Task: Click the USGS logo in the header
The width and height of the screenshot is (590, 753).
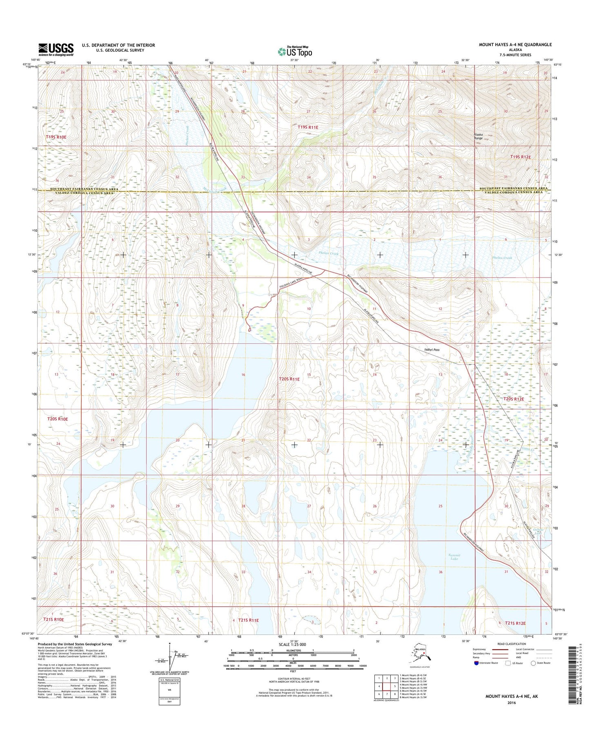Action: point(56,49)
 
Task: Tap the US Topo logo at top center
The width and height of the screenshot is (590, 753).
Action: point(295,52)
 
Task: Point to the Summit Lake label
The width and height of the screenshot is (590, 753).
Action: point(454,557)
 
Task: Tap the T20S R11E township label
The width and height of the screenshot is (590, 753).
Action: point(289,379)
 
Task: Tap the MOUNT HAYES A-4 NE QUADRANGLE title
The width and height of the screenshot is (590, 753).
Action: point(515,45)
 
